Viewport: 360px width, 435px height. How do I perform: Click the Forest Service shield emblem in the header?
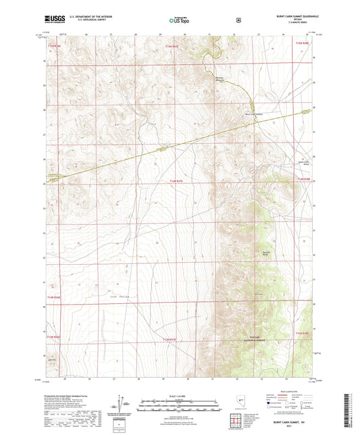(238, 20)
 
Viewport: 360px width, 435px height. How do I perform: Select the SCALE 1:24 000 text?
(179, 394)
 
